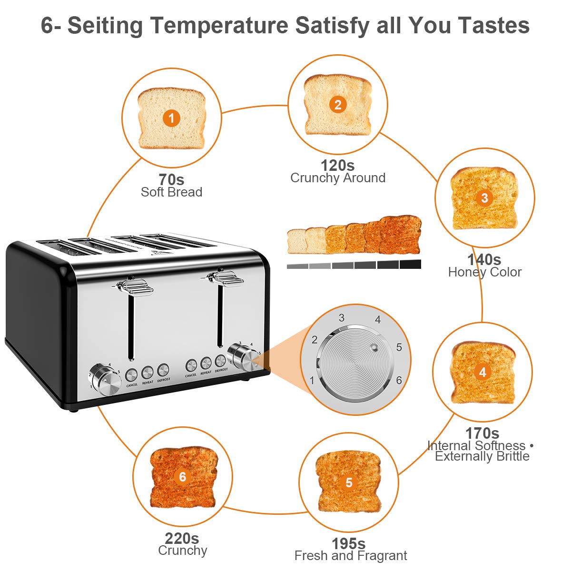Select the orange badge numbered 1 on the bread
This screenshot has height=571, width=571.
(x=171, y=118)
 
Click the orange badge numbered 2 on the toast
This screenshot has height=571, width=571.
(x=338, y=104)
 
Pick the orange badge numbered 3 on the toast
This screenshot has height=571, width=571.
(x=484, y=198)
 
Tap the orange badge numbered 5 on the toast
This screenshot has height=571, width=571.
(x=349, y=483)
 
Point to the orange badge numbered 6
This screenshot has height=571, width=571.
(x=183, y=476)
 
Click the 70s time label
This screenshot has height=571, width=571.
(x=171, y=180)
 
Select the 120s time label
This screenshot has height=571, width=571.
(x=337, y=166)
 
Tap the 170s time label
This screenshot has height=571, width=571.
(x=482, y=433)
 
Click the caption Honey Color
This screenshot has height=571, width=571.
(x=484, y=272)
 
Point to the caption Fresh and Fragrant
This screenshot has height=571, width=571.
(x=351, y=556)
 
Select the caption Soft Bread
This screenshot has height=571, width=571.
(x=171, y=192)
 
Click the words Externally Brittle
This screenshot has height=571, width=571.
(x=482, y=456)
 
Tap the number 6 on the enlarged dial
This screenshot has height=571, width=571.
(x=399, y=380)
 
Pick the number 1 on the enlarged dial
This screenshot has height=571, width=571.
(x=312, y=380)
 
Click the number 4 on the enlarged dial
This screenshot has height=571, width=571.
(x=378, y=320)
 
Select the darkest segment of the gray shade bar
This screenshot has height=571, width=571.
(x=410, y=265)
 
